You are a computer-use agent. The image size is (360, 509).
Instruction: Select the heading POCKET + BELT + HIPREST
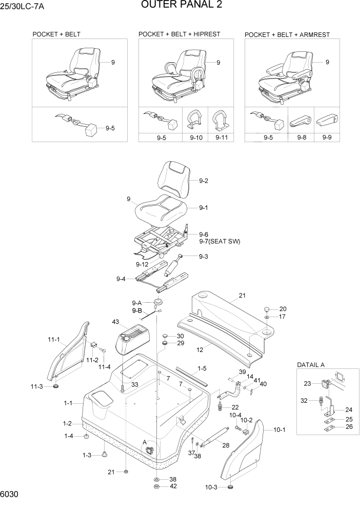(179, 34)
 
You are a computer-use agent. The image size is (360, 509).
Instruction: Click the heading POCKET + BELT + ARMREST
(287, 34)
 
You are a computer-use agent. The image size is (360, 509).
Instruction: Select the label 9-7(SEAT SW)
(219, 241)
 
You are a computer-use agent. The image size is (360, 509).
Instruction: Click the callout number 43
(115, 322)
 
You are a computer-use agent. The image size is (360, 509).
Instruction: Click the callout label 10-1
(279, 429)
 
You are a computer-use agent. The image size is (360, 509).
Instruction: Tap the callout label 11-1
(54, 339)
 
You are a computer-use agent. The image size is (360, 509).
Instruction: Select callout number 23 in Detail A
(307, 383)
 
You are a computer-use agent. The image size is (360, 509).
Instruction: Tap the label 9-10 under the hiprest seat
(196, 138)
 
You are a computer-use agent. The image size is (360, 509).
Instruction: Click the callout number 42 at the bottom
(173, 486)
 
